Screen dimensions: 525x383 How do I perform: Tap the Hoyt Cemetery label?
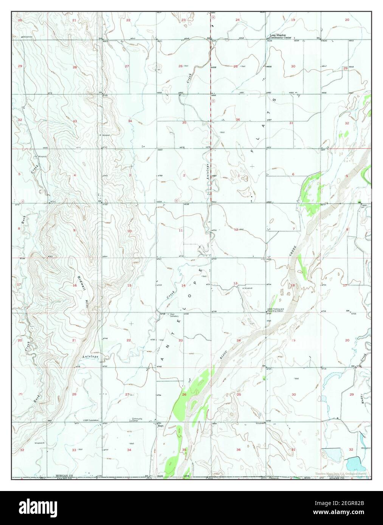pyautogui.click(x=174, y=315)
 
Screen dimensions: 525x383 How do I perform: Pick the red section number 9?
pyautogui.click(x=74, y=230)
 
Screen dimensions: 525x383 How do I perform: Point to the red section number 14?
pyautogui.click(x=183, y=286)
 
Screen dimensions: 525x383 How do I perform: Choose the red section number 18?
pyautogui.click(x=293, y=286)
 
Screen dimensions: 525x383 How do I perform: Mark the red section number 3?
pyautogui.click(x=130, y=175)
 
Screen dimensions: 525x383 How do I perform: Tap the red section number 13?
pyautogui.click(x=235, y=283)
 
